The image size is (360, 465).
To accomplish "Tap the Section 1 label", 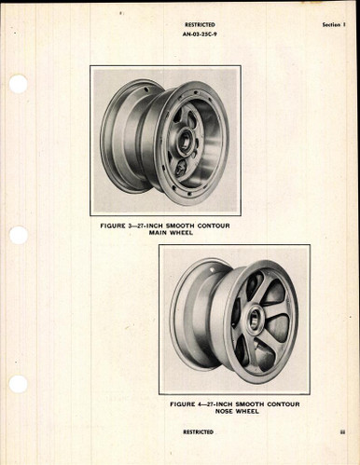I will coord(327,28).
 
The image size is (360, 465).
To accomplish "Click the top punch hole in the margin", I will coord(18,84).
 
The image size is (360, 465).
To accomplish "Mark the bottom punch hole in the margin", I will coord(18,384).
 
